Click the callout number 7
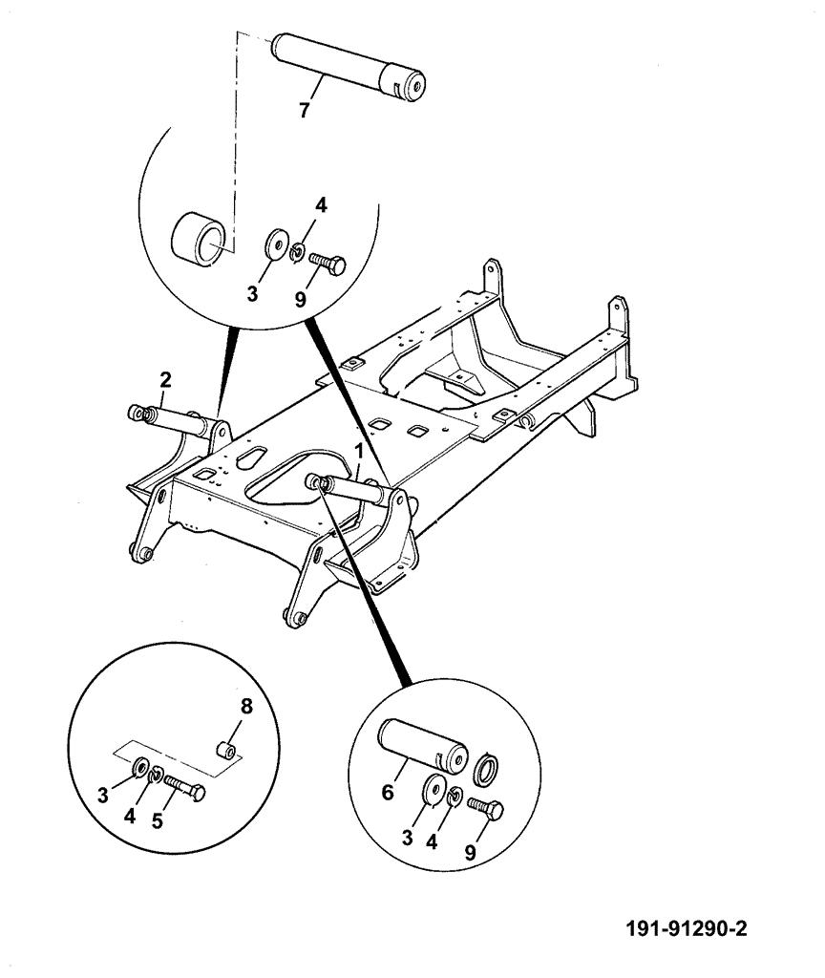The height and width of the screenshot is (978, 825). coord(304,110)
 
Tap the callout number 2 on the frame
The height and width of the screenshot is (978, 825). coord(165,380)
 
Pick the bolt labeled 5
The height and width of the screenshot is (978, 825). coord(185,788)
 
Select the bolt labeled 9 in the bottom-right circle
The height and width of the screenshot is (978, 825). coord(486,810)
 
